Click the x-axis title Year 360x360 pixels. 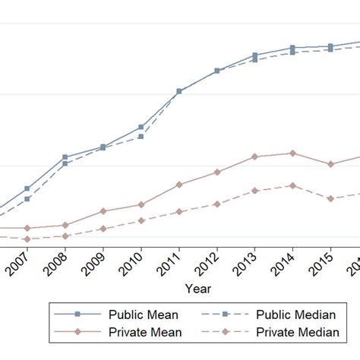click(x=197, y=289)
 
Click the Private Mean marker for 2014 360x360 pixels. click(x=292, y=153)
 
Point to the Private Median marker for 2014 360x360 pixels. click(x=292, y=185)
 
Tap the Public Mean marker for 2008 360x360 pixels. click(x=65, y=157)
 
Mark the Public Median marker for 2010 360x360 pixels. click(x=141, y=137)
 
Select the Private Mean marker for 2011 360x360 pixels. click(x=179, y=185)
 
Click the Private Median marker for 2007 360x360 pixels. click(x=27, y=238)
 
